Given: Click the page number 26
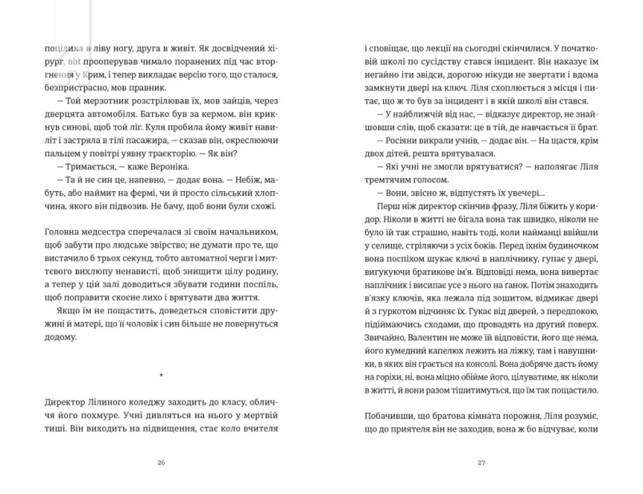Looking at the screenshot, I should point(161,462).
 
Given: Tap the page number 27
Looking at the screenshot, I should point(481,462).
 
